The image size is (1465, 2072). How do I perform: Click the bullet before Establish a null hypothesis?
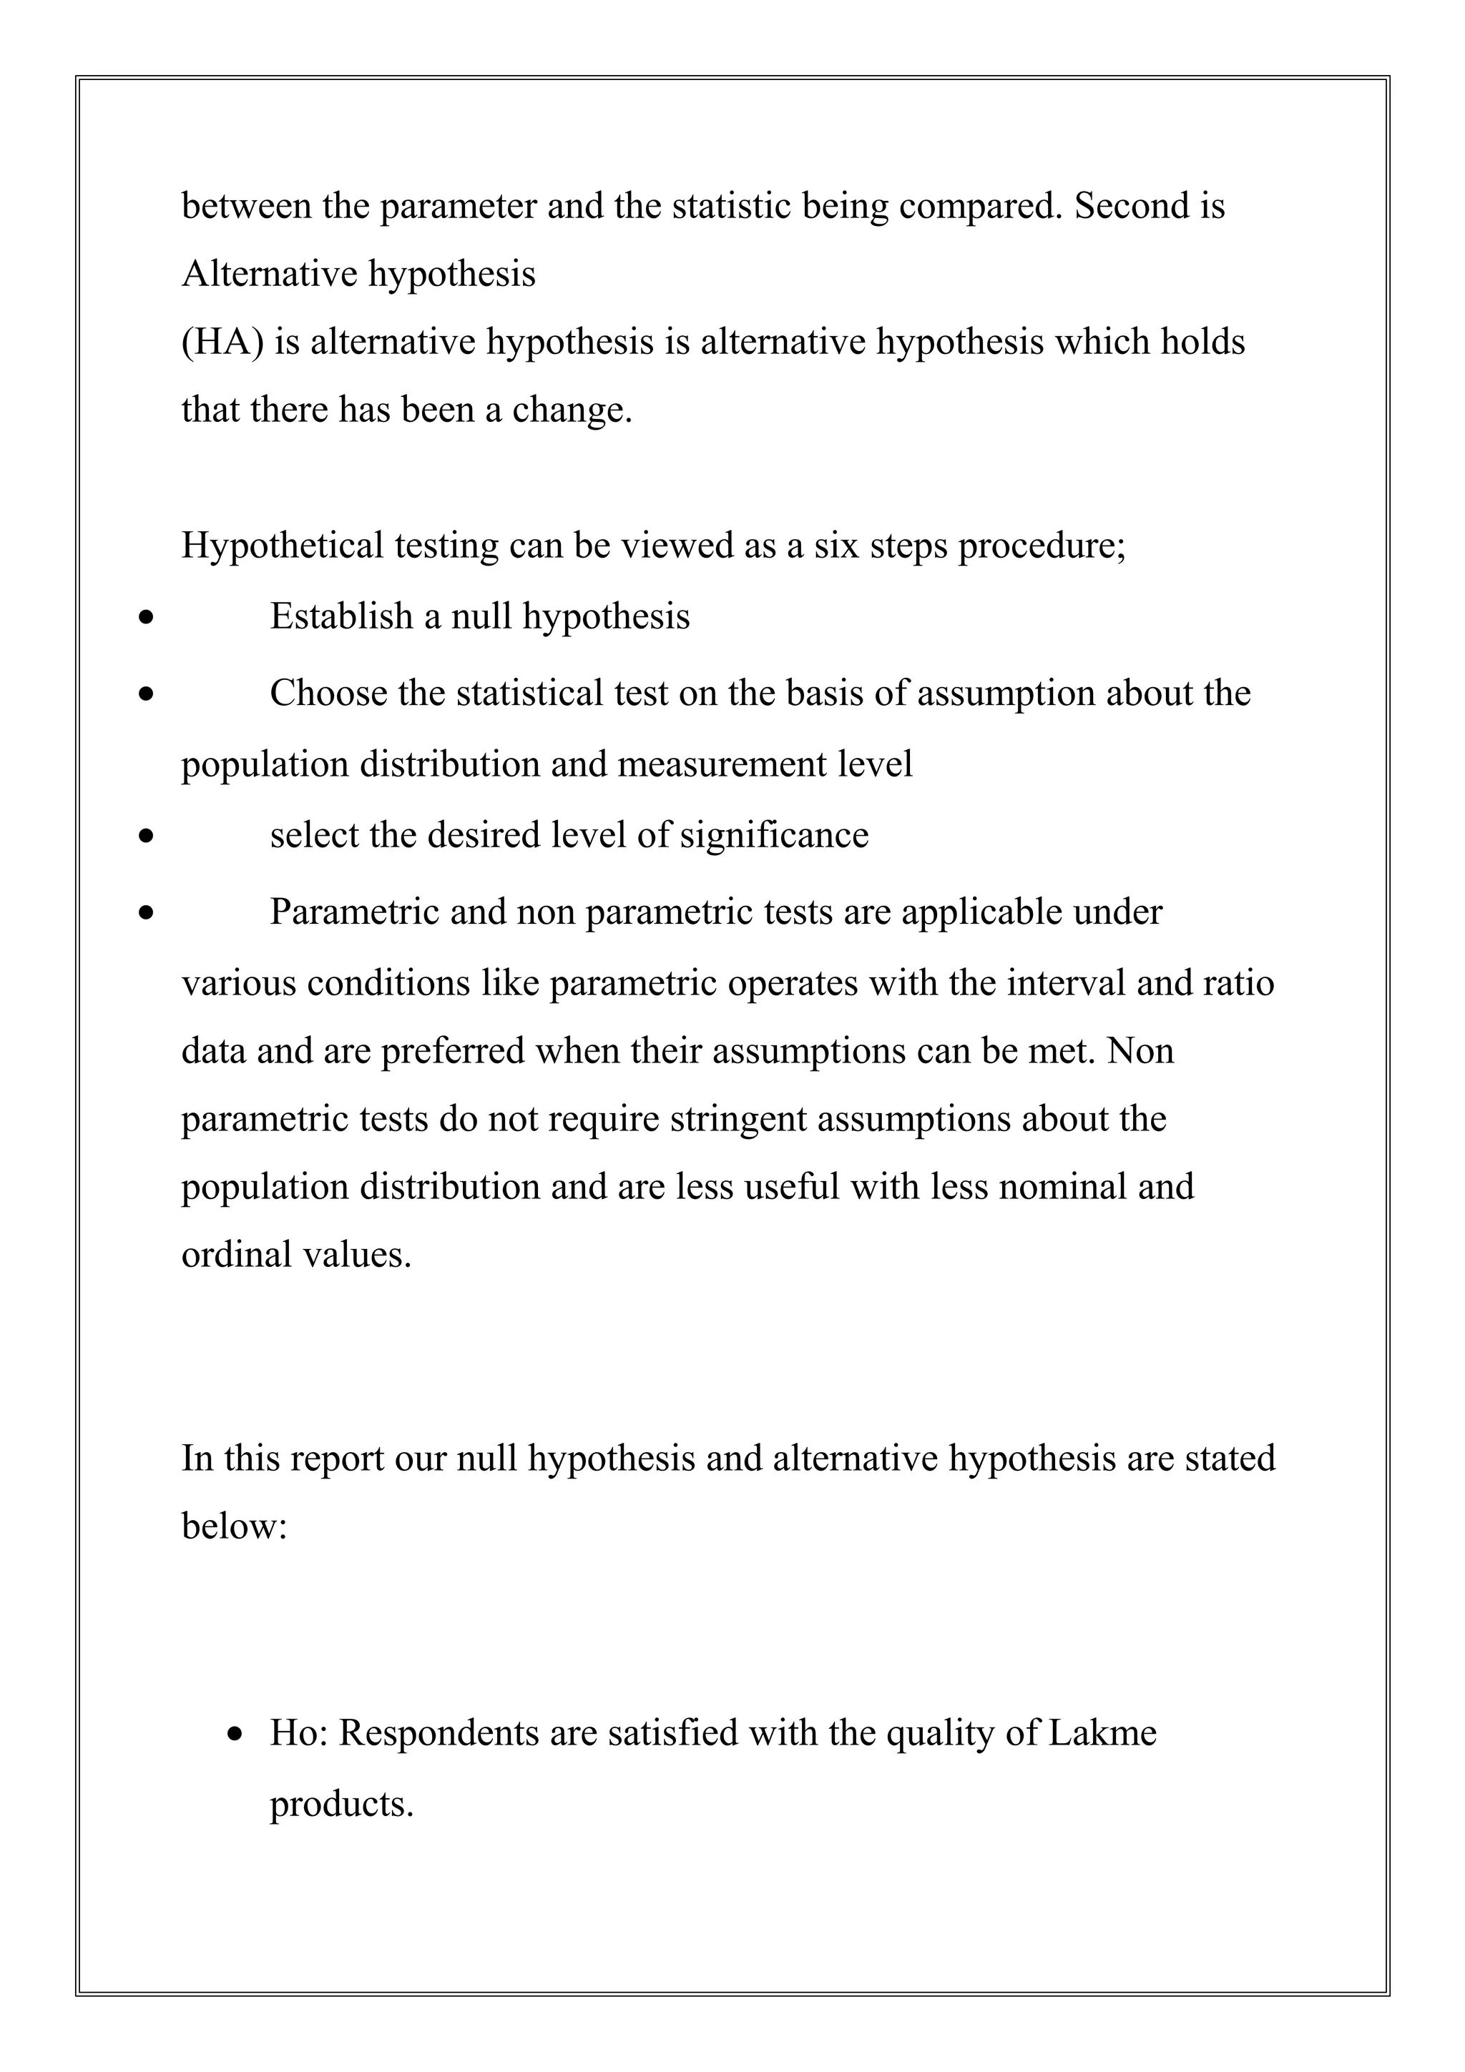coord(146,619)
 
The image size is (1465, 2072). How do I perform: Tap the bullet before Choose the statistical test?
coord(146,696)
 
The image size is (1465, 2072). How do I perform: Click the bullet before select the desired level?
coord(146,837)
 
